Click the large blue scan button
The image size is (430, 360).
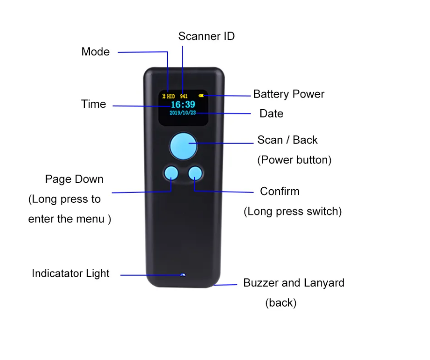183,146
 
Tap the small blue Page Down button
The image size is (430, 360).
171,173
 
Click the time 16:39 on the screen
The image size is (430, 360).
183,104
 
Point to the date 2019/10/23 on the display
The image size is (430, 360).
183,113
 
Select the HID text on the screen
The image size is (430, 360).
171,97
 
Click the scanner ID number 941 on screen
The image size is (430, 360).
184,97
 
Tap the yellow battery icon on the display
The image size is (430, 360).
201,96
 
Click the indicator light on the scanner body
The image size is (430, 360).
183,275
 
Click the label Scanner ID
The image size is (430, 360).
207,36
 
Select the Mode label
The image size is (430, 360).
96,51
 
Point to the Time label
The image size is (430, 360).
94,104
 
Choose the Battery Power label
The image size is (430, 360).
289,94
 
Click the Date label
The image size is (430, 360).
271,114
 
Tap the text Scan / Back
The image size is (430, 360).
287,140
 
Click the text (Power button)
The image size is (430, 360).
294,160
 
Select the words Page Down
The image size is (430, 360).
74,179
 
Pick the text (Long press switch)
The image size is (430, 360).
293,212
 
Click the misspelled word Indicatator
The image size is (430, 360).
58,273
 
